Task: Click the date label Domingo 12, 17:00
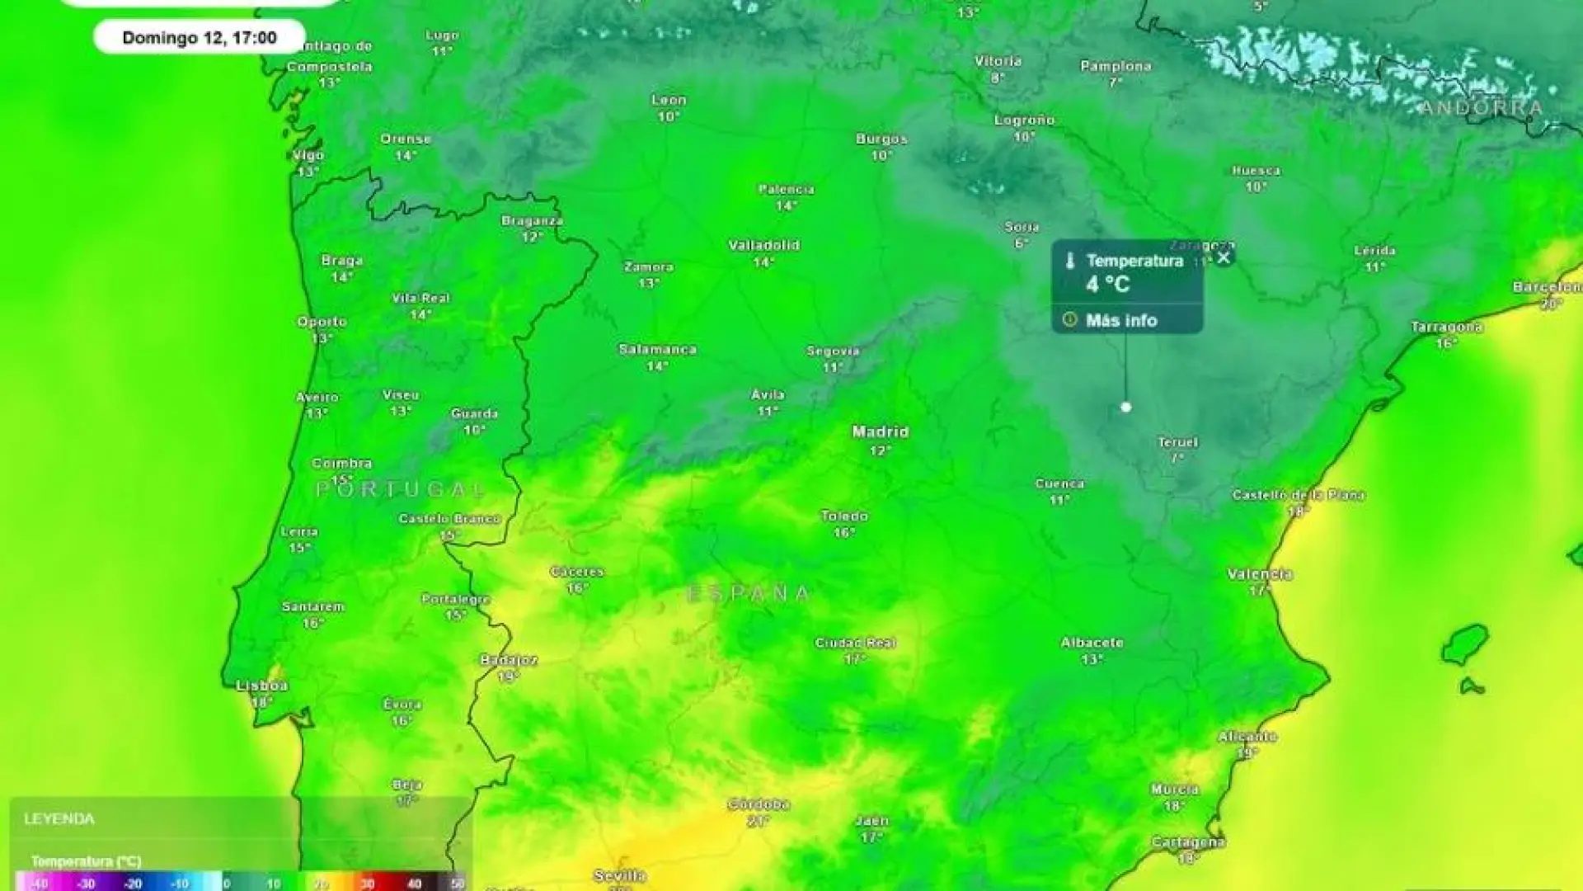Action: (x=200, y=37)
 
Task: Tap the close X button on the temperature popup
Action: (x=1224, y=257)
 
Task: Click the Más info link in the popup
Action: (x=1120, y=320)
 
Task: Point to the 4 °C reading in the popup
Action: (x=1107, y=285)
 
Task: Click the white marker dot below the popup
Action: (x=1126, y=407)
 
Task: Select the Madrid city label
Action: (x=881, y=431)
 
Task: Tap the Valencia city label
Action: (x=1259, y=574)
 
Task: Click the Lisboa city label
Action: (x=261, y=686)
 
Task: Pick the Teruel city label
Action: (x=1177, y=442)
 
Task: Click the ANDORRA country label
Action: (x=1482, y=107)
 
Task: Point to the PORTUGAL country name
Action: (x=401, y=489)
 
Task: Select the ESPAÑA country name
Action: (x=749, y=593)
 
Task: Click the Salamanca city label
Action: (x=657, y=349)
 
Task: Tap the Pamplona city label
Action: (x=1116, y=66)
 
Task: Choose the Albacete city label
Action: (x=1092, y=643)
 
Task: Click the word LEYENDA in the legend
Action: (x=59, y=818)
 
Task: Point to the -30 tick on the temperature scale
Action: (x=86, y=884)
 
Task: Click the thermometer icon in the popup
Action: (x=1070, y=262)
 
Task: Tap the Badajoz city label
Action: (x=509, y=660)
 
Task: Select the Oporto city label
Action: (x=322, y=322)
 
